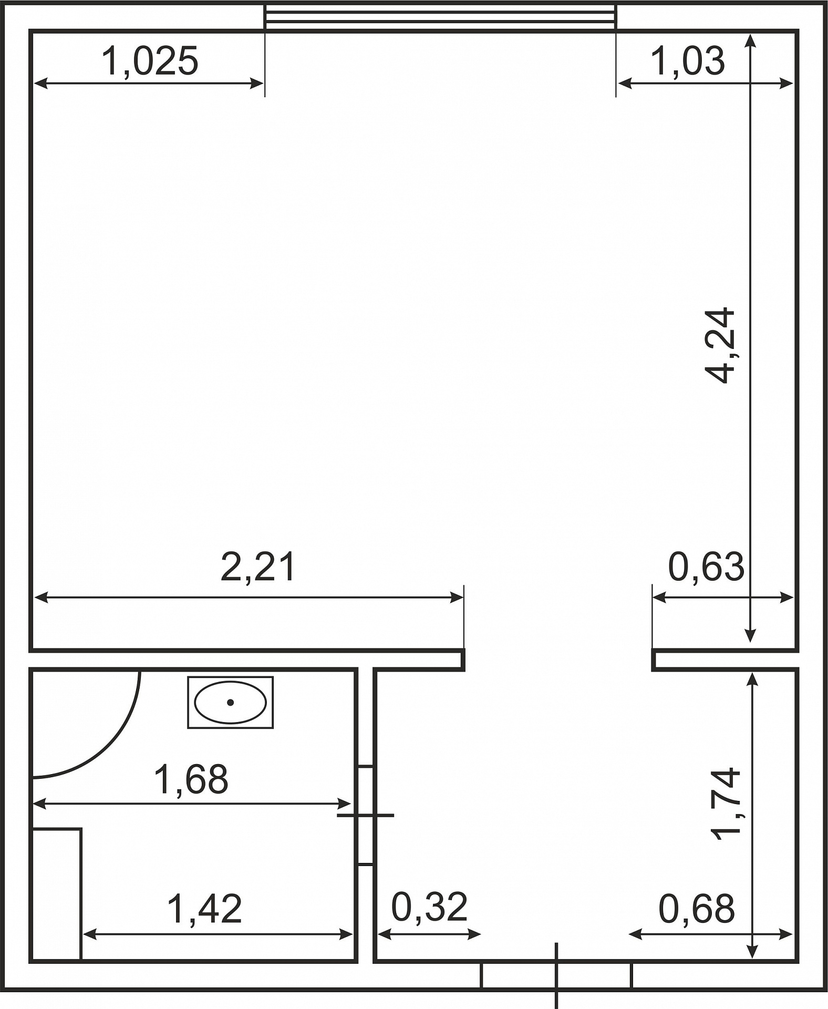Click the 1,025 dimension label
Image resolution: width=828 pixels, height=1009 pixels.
150,61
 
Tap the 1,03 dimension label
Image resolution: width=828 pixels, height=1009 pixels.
688,61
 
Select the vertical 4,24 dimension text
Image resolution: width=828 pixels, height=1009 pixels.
720,345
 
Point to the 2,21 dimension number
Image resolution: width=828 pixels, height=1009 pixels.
258,567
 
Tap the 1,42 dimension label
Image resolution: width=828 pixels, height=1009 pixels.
204,909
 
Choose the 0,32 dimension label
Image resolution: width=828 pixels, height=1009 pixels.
430,907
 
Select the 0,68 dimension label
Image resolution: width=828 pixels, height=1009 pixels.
697,909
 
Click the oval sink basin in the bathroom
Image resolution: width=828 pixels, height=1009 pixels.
230,703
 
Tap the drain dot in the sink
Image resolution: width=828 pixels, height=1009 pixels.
230,703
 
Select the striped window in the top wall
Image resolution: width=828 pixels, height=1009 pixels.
440,17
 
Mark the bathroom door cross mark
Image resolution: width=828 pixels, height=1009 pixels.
365,816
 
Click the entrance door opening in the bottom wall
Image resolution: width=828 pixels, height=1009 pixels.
556,975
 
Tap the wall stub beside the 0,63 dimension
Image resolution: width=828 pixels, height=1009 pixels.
725,660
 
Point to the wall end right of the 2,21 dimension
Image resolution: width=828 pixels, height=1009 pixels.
463,660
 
